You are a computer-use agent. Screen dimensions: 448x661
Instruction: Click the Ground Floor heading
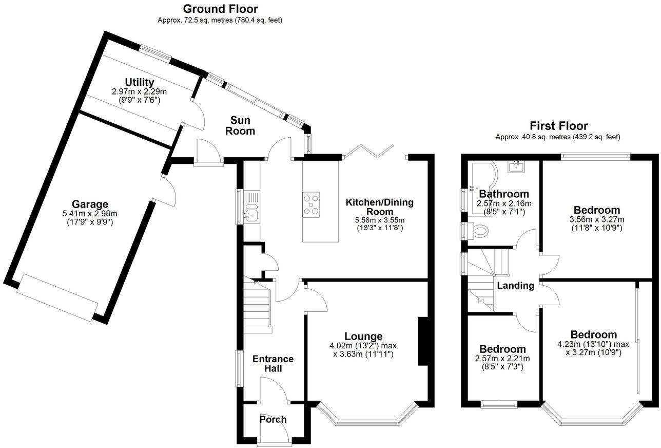pyautogui.click(x=220, y=9)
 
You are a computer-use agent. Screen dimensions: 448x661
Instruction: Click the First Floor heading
pyautogui.click(x=558, y=126)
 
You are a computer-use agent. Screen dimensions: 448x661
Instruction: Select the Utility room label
pyautogui.click(x=139, y=82)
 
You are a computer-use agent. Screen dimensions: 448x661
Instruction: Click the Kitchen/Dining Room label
pyautogui.click(x=379, y=207)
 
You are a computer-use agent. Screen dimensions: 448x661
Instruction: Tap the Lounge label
pyautogui.click(x=363, y=337)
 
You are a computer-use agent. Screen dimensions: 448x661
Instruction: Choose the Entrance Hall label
pyautogui.click(x=273, y=363)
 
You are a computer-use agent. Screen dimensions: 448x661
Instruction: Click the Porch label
pyautogui.click(x=273, y=419)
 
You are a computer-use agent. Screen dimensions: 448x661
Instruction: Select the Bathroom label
pyautogui.click(x=503, y=194)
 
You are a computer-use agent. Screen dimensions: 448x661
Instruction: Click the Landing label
pyautogui.click(x=515, y=286)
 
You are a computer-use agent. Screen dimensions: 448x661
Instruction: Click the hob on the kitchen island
pyautogui.click(x=310, y=203)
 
